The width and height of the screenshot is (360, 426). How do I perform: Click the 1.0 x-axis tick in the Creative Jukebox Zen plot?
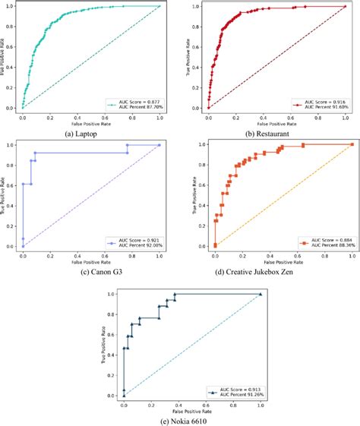pos(352,257)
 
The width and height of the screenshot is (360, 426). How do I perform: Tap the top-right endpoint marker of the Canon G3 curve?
pos(159,144)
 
